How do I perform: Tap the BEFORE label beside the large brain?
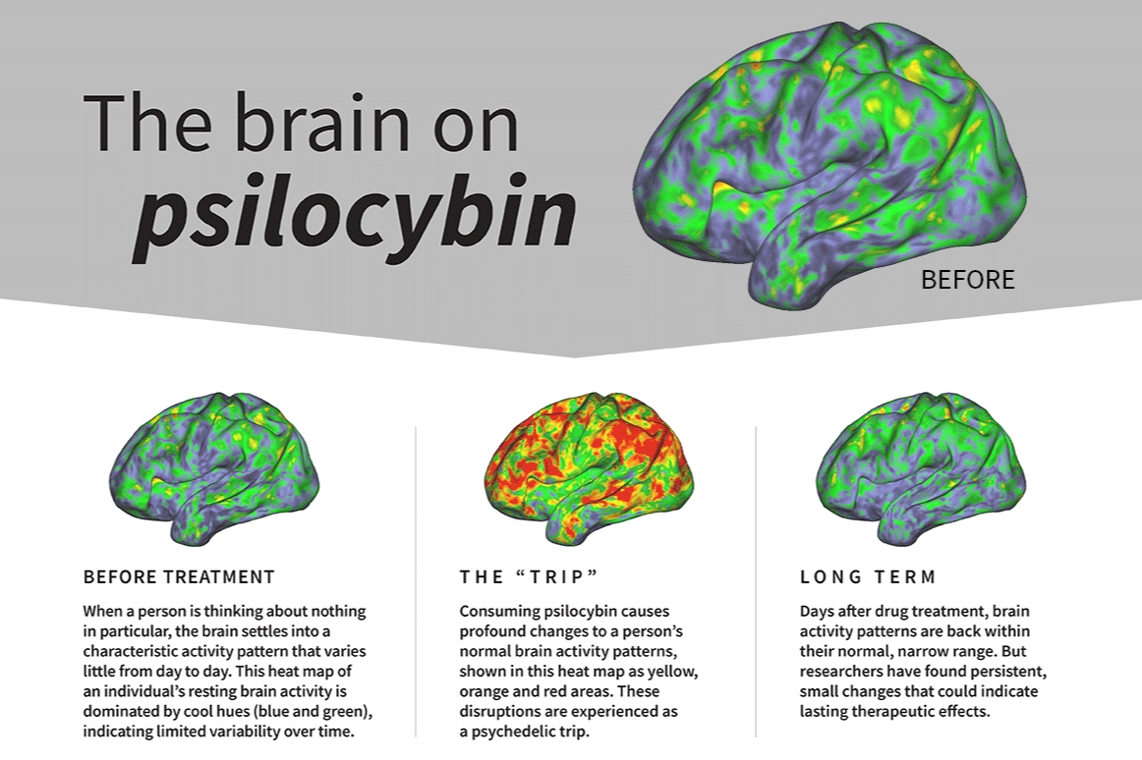pos(967,280)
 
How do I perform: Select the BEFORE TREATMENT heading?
pos(179,577)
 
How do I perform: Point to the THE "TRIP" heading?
pos(529,577)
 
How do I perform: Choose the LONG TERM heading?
pos(868,577)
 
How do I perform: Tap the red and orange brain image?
pos(588,466)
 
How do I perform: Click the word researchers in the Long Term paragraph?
pos(846,672)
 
